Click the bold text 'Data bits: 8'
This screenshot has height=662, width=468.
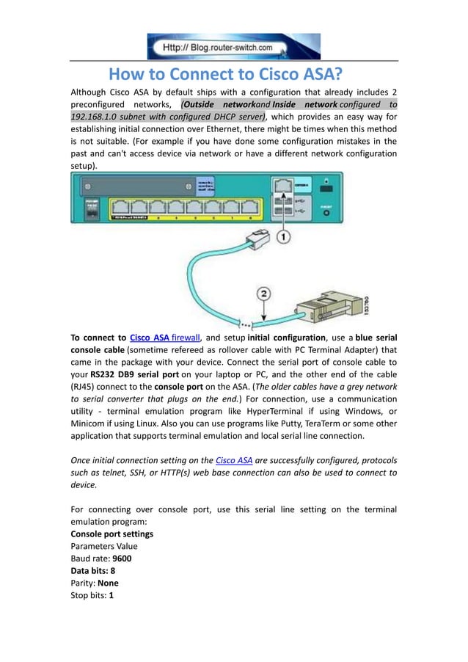coord(92,570)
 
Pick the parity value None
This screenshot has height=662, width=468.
coord(108,583)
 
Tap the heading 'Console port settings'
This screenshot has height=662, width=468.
coord(111,533)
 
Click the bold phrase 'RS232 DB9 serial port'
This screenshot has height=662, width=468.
coord(134,374)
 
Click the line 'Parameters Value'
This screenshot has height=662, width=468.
coord(103,545)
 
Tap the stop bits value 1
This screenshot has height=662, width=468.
coord(111,595)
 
